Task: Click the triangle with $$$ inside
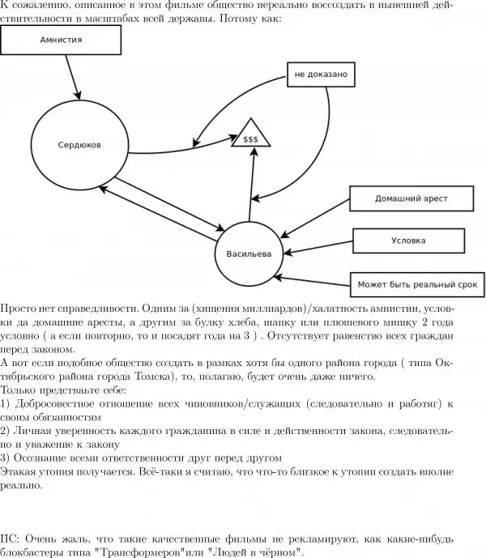[250, 138]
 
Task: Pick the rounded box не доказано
[321, 75]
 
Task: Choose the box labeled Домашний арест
[411, 198]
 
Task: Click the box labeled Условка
[408, 241]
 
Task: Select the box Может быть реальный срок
[418, 284]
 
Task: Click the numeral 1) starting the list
[6, 403]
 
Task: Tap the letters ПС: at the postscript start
[10, 538]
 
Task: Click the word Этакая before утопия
[19, 470]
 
